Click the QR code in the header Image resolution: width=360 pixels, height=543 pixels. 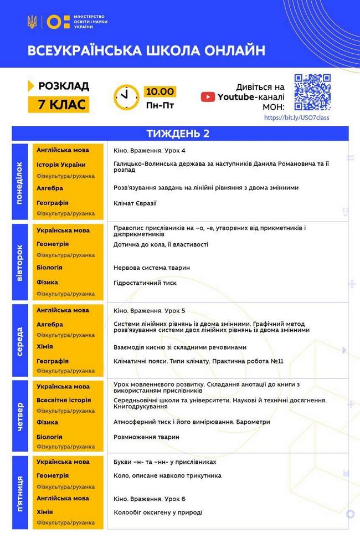coord(312,92)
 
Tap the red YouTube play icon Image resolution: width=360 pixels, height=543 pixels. coord(208,97)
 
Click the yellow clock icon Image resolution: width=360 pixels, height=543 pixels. coord(126,97)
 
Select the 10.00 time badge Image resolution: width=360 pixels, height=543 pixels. coord(160,91)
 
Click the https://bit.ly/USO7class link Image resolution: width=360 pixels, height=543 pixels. coord(297,117)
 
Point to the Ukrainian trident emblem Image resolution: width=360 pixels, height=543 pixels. coord(32,22)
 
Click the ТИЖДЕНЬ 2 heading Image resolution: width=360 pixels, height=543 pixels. coord(178,134)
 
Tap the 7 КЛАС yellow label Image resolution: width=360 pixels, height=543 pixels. coord(58,104)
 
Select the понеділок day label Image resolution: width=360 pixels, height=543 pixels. coord(20,183)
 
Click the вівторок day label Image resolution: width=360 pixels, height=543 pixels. coord(20,262)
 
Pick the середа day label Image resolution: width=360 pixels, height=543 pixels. coord(20,340)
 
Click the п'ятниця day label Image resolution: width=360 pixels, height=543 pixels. coord(20,493)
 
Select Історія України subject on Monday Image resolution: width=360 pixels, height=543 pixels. coord(61,165)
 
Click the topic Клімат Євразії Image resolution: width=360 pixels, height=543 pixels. coord(135,203)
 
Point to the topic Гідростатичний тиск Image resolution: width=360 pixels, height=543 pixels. coord(145,283)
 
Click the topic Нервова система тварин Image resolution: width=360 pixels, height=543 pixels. coord(151,268)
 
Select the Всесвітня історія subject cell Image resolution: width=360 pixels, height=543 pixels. coord(64,400)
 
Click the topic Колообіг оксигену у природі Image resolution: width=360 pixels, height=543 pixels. coord(157,512)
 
